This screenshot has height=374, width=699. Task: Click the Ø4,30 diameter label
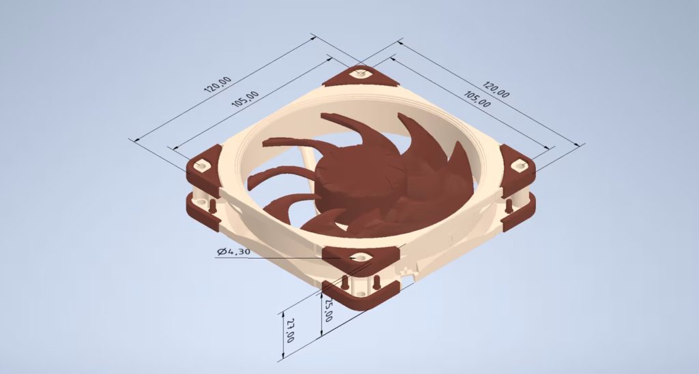tap(233, 252)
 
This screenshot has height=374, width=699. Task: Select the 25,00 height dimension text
tap(328, 311)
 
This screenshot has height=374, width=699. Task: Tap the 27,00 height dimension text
tap(289, 330)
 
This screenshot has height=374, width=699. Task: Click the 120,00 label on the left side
tap(218, 85)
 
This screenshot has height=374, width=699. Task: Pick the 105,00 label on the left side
tap(245, 100)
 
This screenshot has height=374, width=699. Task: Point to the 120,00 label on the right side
tap(496, 89)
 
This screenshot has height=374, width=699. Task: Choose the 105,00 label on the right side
tap(477, 100)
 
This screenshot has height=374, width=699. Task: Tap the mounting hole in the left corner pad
tap(201, 166)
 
